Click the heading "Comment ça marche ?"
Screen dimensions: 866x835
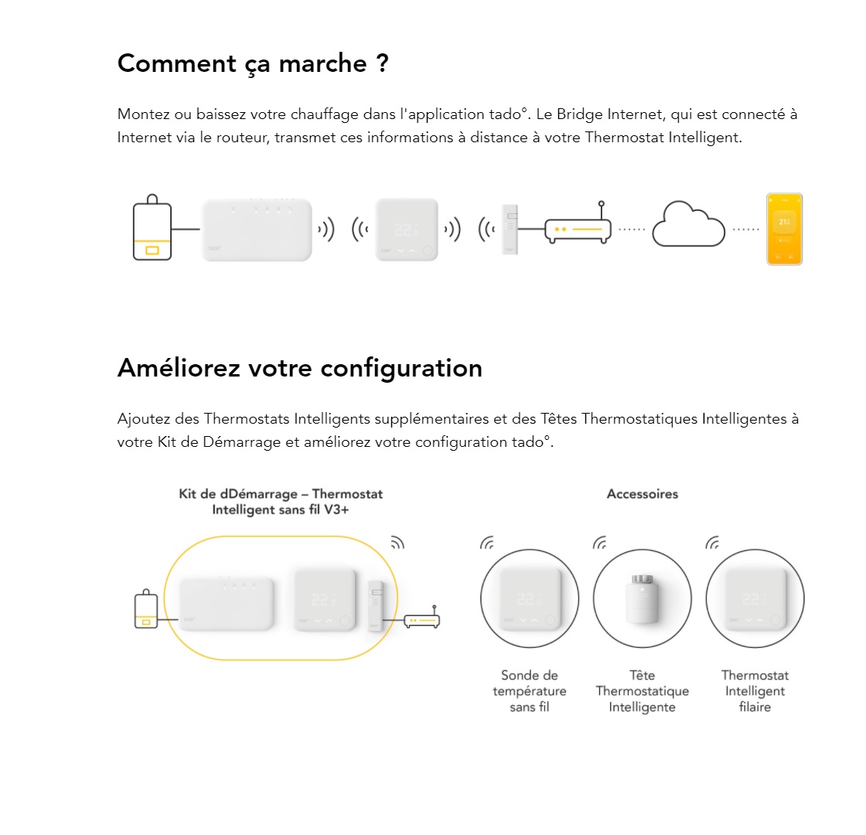253,63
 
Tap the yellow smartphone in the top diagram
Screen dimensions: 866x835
784,229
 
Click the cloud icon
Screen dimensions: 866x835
688,224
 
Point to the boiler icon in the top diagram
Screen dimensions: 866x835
152,227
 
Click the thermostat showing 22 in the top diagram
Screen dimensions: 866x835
407,229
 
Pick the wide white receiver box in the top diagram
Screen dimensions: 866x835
257,230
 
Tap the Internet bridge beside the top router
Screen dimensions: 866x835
510,229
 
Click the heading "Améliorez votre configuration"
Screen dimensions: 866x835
300,368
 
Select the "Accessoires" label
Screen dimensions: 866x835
643,494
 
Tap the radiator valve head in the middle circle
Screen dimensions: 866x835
643,599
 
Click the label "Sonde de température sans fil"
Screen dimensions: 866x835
530,691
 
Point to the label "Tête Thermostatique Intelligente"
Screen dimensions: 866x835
643,691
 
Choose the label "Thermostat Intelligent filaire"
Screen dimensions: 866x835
755,691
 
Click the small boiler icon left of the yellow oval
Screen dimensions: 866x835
146,608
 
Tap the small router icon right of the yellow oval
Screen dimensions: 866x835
422,618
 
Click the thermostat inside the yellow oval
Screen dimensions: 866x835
324,600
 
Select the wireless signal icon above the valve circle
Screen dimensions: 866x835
600,543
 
